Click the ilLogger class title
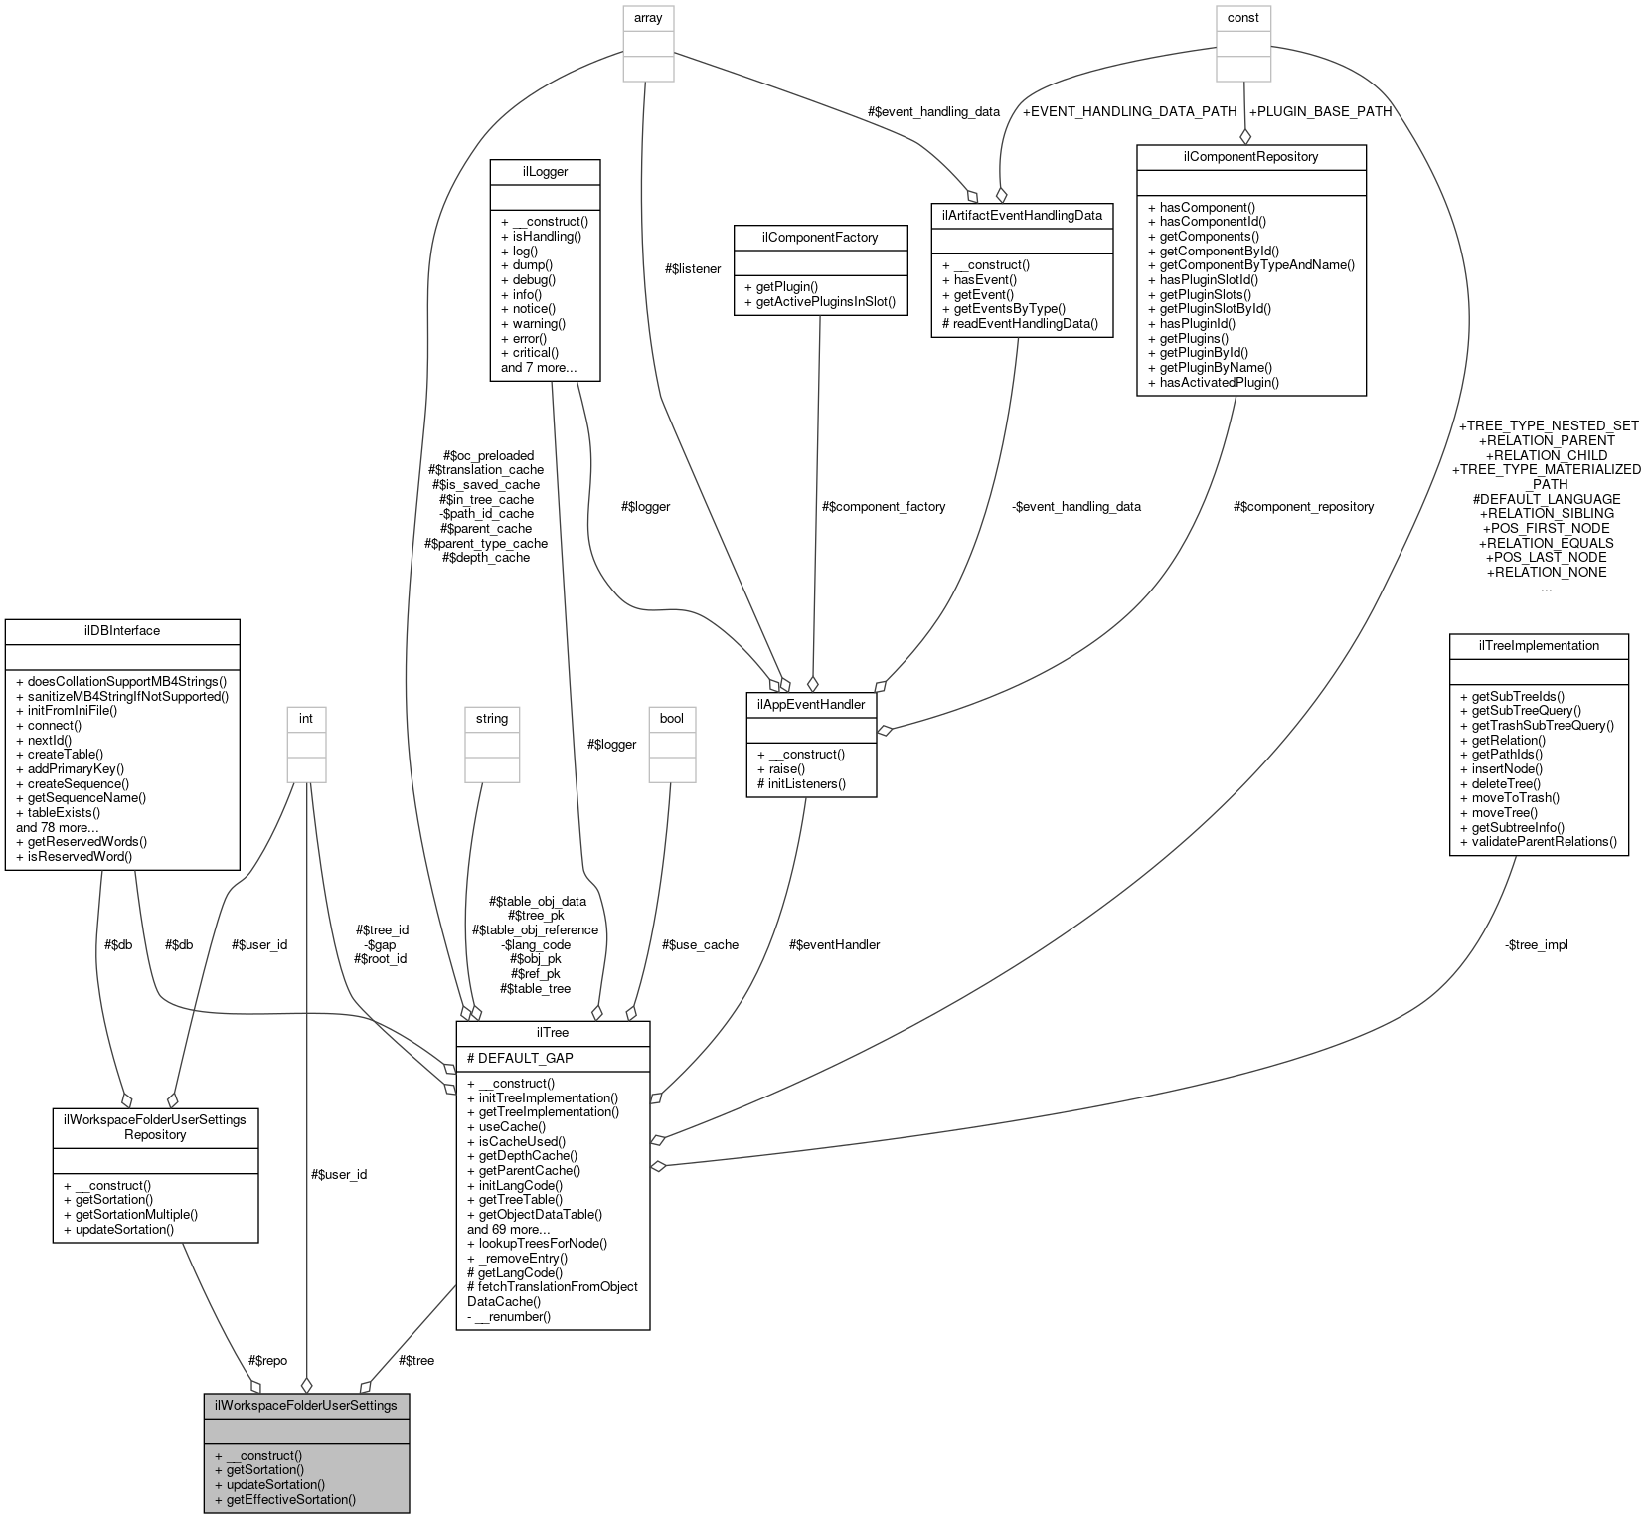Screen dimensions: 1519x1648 pos(545,171)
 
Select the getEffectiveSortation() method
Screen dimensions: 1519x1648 pos(290,1499)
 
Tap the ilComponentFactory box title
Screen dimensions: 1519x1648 pos(806,238)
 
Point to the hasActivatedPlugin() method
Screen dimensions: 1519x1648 pos(1220,382)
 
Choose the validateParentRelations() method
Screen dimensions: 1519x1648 pos(1538,841)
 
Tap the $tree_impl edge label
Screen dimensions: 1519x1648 pos(1536,944)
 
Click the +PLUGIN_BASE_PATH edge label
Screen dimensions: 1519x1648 pos(1320,111)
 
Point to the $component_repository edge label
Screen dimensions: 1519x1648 pos(1303,506)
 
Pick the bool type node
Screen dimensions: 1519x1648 pos(671,718)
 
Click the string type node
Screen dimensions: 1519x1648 pos(492,718)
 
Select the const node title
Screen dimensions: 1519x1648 pos(1242,17)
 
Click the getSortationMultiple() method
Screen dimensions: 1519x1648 pos(129,1214)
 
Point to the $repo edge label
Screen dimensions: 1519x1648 pos(268,1360)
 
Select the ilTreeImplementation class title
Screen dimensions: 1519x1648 pos(1538,645)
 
